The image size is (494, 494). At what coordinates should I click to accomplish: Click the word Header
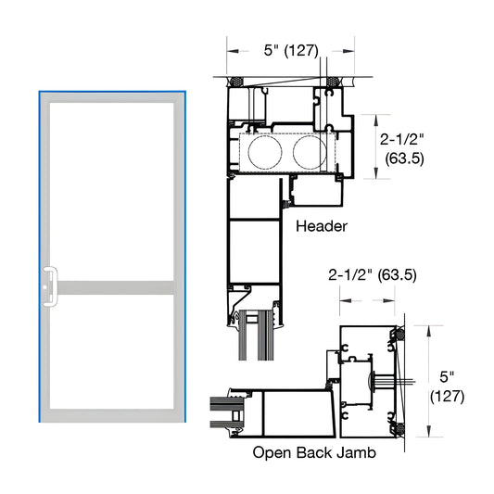(x=320, y=226)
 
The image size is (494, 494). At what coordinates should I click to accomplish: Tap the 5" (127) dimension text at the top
(x=290, y=52)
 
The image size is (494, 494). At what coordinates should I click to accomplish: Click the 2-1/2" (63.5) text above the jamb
(x=372, y=275)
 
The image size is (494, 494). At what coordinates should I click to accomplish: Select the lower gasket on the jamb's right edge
(x=399, y=429)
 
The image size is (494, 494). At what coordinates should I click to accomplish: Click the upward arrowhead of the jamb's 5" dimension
(x=428, y=329)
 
